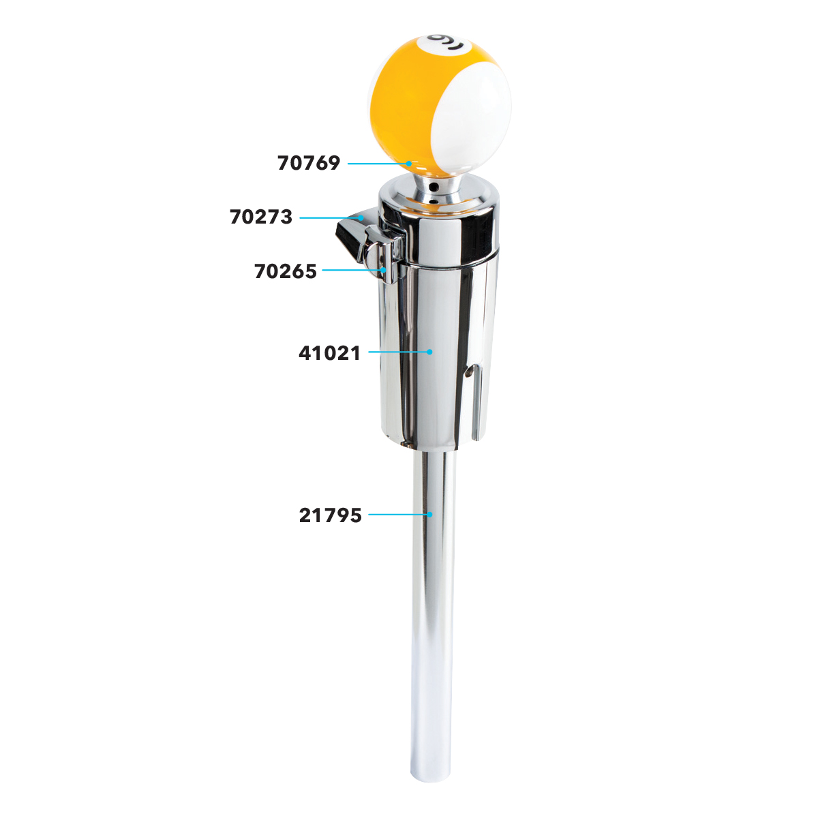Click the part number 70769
coord(309,163)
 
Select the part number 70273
coord(261,217)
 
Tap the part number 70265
coord(286,271)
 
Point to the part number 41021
coord(329,352)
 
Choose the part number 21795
coord(330,515)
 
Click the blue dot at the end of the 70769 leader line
coord(408,164)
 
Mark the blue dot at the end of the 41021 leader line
coord(429,352)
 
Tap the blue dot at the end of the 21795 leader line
coord(429,515)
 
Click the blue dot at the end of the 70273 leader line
coord(361,217)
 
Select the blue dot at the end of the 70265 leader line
coord(383,269)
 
